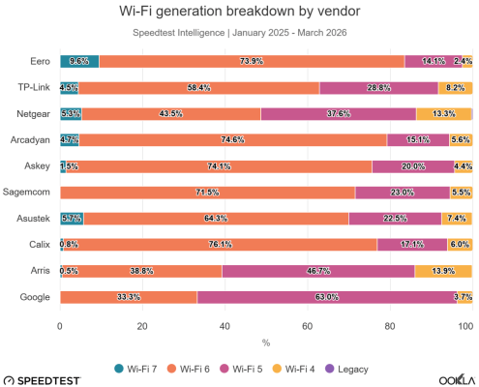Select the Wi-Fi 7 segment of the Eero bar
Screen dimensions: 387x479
click(x=79, y=61)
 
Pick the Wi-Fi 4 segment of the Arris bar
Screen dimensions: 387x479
click(x=443, y=270)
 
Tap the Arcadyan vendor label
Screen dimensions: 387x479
click(x=29, y=139)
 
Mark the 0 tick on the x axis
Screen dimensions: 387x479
click(x=60, y=326)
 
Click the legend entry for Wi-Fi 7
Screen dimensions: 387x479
click(x=138, y=366)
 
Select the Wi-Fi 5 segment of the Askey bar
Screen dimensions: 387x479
click(x=413, y=165)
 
